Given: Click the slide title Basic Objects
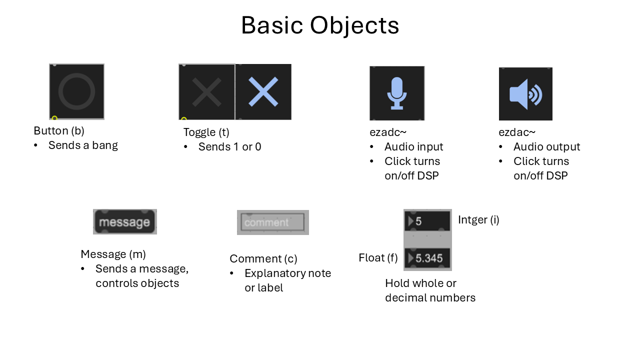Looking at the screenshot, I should point(320,25).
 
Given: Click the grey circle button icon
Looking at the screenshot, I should point(76,91).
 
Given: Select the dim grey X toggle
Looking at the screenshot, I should point(206,92).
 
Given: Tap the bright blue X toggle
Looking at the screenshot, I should point(263,92).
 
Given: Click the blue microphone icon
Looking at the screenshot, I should point(397,93).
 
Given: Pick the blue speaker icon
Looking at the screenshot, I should point(525,94).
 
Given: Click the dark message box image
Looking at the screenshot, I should point(124,222).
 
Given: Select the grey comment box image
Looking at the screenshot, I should point(272,222).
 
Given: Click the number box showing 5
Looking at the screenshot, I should point(427,221).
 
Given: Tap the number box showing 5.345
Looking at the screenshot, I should point(427,258).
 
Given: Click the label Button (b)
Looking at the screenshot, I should point(59,131).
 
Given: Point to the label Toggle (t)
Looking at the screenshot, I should point(206,132).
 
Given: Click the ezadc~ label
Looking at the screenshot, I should point(388,132).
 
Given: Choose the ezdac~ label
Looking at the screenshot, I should point(517,132).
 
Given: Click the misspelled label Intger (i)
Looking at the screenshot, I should point(478,219).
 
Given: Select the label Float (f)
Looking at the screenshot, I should point(378,258).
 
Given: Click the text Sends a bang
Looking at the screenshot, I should point(83,145).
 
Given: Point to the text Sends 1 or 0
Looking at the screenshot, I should point(229,146).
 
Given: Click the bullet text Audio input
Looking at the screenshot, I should point(413,146).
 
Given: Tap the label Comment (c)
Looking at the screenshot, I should point(263,258).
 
